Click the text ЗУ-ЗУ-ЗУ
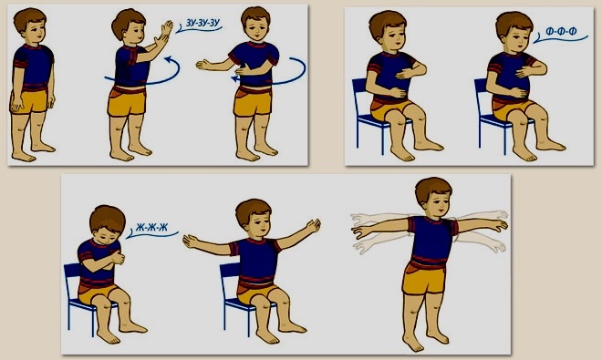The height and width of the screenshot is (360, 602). pyautogui.click(x=202, y=23)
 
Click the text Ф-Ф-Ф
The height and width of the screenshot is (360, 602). pyautogui.click(x=561, y=32)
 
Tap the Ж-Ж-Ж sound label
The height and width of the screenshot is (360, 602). pyautogui.click(x=151, y=228)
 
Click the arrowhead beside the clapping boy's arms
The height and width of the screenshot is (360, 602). pyautogui.click(x=168, y=59)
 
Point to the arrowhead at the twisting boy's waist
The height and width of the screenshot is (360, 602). pyautogui.click(x=234, y=79)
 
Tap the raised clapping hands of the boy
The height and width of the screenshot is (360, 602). pyautogui.click(x=163, y=35)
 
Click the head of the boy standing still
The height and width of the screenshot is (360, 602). pyautogui.click(x=30, y=25)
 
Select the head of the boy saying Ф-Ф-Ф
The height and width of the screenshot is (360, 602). pyautogui.click(x=514, y=32)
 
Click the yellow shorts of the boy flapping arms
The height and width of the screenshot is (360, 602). pyautogui.click(x=423, y=276)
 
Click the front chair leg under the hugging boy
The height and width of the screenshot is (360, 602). pyautogui.click(x=92, y=322)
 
